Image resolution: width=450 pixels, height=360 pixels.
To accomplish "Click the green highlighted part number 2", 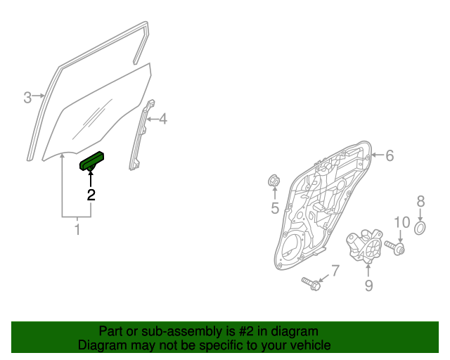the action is pos(91,161).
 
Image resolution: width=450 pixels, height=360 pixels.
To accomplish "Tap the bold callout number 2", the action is pos(91,195).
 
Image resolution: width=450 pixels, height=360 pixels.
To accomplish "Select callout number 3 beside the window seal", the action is pos(27,98).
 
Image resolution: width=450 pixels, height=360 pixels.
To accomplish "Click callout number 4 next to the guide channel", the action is pos(163,119).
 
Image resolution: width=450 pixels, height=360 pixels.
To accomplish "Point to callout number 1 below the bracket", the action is pos(77,230).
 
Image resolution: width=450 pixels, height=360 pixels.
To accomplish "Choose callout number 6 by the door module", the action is pos(390,155).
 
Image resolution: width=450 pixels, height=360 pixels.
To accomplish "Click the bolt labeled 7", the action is pos(311,283).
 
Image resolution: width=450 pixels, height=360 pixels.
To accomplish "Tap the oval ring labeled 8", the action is pos(420,228).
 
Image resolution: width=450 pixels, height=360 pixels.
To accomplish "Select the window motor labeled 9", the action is pos(364,245).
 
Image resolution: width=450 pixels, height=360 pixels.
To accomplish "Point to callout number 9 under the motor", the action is pos(368,285).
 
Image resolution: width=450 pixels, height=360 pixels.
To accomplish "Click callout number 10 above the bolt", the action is pos(402,222).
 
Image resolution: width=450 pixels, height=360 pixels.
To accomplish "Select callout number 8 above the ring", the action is pos(420,201).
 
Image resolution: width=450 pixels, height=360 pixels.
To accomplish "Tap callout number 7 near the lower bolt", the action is pos(335,271).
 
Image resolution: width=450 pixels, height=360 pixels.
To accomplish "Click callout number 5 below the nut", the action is pos(275,208).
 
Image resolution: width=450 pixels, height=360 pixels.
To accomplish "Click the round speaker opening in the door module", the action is pos(292,246).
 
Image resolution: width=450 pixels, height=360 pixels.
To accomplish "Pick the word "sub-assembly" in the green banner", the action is pos(181,331).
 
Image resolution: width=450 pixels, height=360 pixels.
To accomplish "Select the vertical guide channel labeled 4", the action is pos(142,135).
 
